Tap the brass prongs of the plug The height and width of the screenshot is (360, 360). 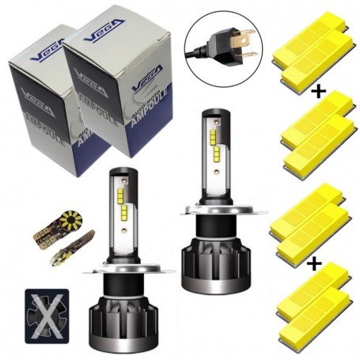pyautogui.click(x=246, y=36)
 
